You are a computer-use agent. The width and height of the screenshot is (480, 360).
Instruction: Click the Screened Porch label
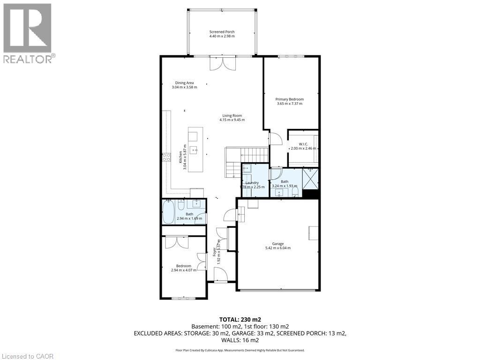(222, 32)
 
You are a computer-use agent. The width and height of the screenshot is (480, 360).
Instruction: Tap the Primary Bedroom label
(289, 99)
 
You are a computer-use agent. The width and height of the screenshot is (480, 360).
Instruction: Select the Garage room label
(278, 244)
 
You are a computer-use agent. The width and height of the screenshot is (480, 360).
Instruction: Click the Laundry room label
(252, 183)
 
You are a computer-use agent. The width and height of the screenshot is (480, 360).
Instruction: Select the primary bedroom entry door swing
(276, 139)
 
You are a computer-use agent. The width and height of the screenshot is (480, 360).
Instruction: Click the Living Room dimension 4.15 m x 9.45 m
(232, 120)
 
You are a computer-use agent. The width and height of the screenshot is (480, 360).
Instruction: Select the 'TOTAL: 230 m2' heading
(240, 319)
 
